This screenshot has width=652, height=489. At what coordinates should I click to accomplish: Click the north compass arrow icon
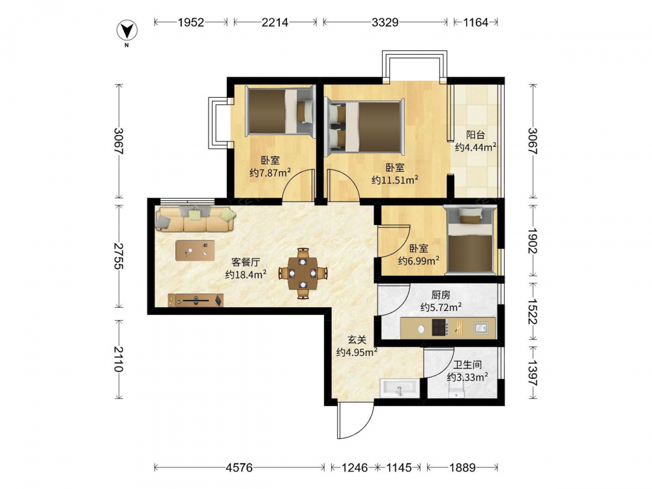[x=127, y=31]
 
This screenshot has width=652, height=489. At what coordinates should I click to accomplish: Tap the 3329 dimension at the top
[x=385, y=22]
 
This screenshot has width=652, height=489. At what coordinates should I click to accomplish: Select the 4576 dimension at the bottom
[x=239, y=467]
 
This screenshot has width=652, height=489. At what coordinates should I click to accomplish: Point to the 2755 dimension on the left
[x=119, y=256]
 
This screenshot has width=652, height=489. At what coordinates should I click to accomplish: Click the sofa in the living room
[x=196, y=218]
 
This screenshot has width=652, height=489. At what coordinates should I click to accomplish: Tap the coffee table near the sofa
[x=195, y=250]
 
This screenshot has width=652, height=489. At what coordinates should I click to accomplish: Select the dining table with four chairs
[x=303, y=273]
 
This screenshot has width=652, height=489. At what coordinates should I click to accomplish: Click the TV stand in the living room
[x=196, y=300]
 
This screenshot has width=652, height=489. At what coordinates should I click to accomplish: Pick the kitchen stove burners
[x=439, y=327]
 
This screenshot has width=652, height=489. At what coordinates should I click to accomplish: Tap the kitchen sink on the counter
[x=481, y=328]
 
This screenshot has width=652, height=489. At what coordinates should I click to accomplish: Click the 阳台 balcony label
[x=475, y=135]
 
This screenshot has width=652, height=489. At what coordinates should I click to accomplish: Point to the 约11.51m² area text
[x=394, y=180]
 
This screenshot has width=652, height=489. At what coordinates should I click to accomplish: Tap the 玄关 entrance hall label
[x=357, y=340]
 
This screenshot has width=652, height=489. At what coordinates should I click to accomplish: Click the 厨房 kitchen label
[x=441, y=295]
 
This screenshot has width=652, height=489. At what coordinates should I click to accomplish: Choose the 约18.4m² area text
[x=246, y=274]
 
